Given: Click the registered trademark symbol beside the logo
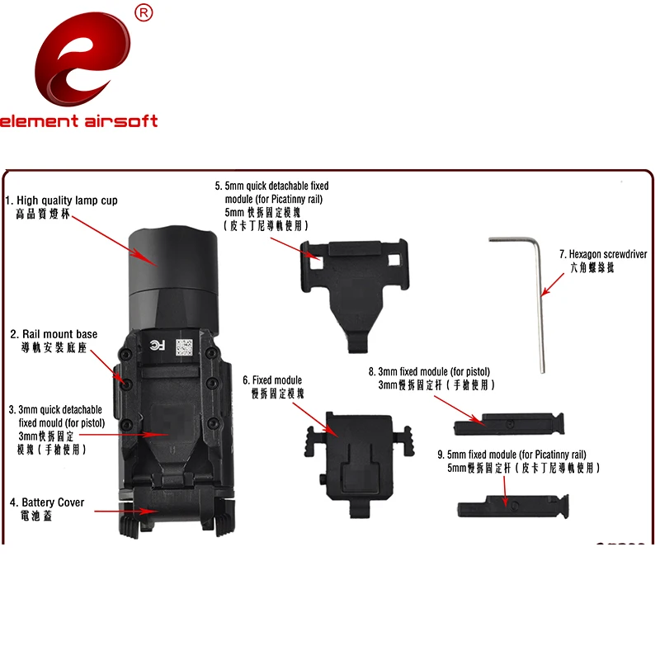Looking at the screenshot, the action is (143, 12).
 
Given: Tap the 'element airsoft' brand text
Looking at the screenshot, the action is (78, 121).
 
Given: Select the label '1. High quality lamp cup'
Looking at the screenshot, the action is (61, 200).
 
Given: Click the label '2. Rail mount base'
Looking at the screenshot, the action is (54, 334).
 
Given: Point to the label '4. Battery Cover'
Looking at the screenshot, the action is (48, 502).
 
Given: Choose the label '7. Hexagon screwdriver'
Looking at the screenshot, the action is (603, 255).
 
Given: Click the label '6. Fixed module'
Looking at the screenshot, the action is (272, 380).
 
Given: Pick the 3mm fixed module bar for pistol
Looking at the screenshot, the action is (509, 424).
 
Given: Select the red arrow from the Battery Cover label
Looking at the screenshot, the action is (124, 511).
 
